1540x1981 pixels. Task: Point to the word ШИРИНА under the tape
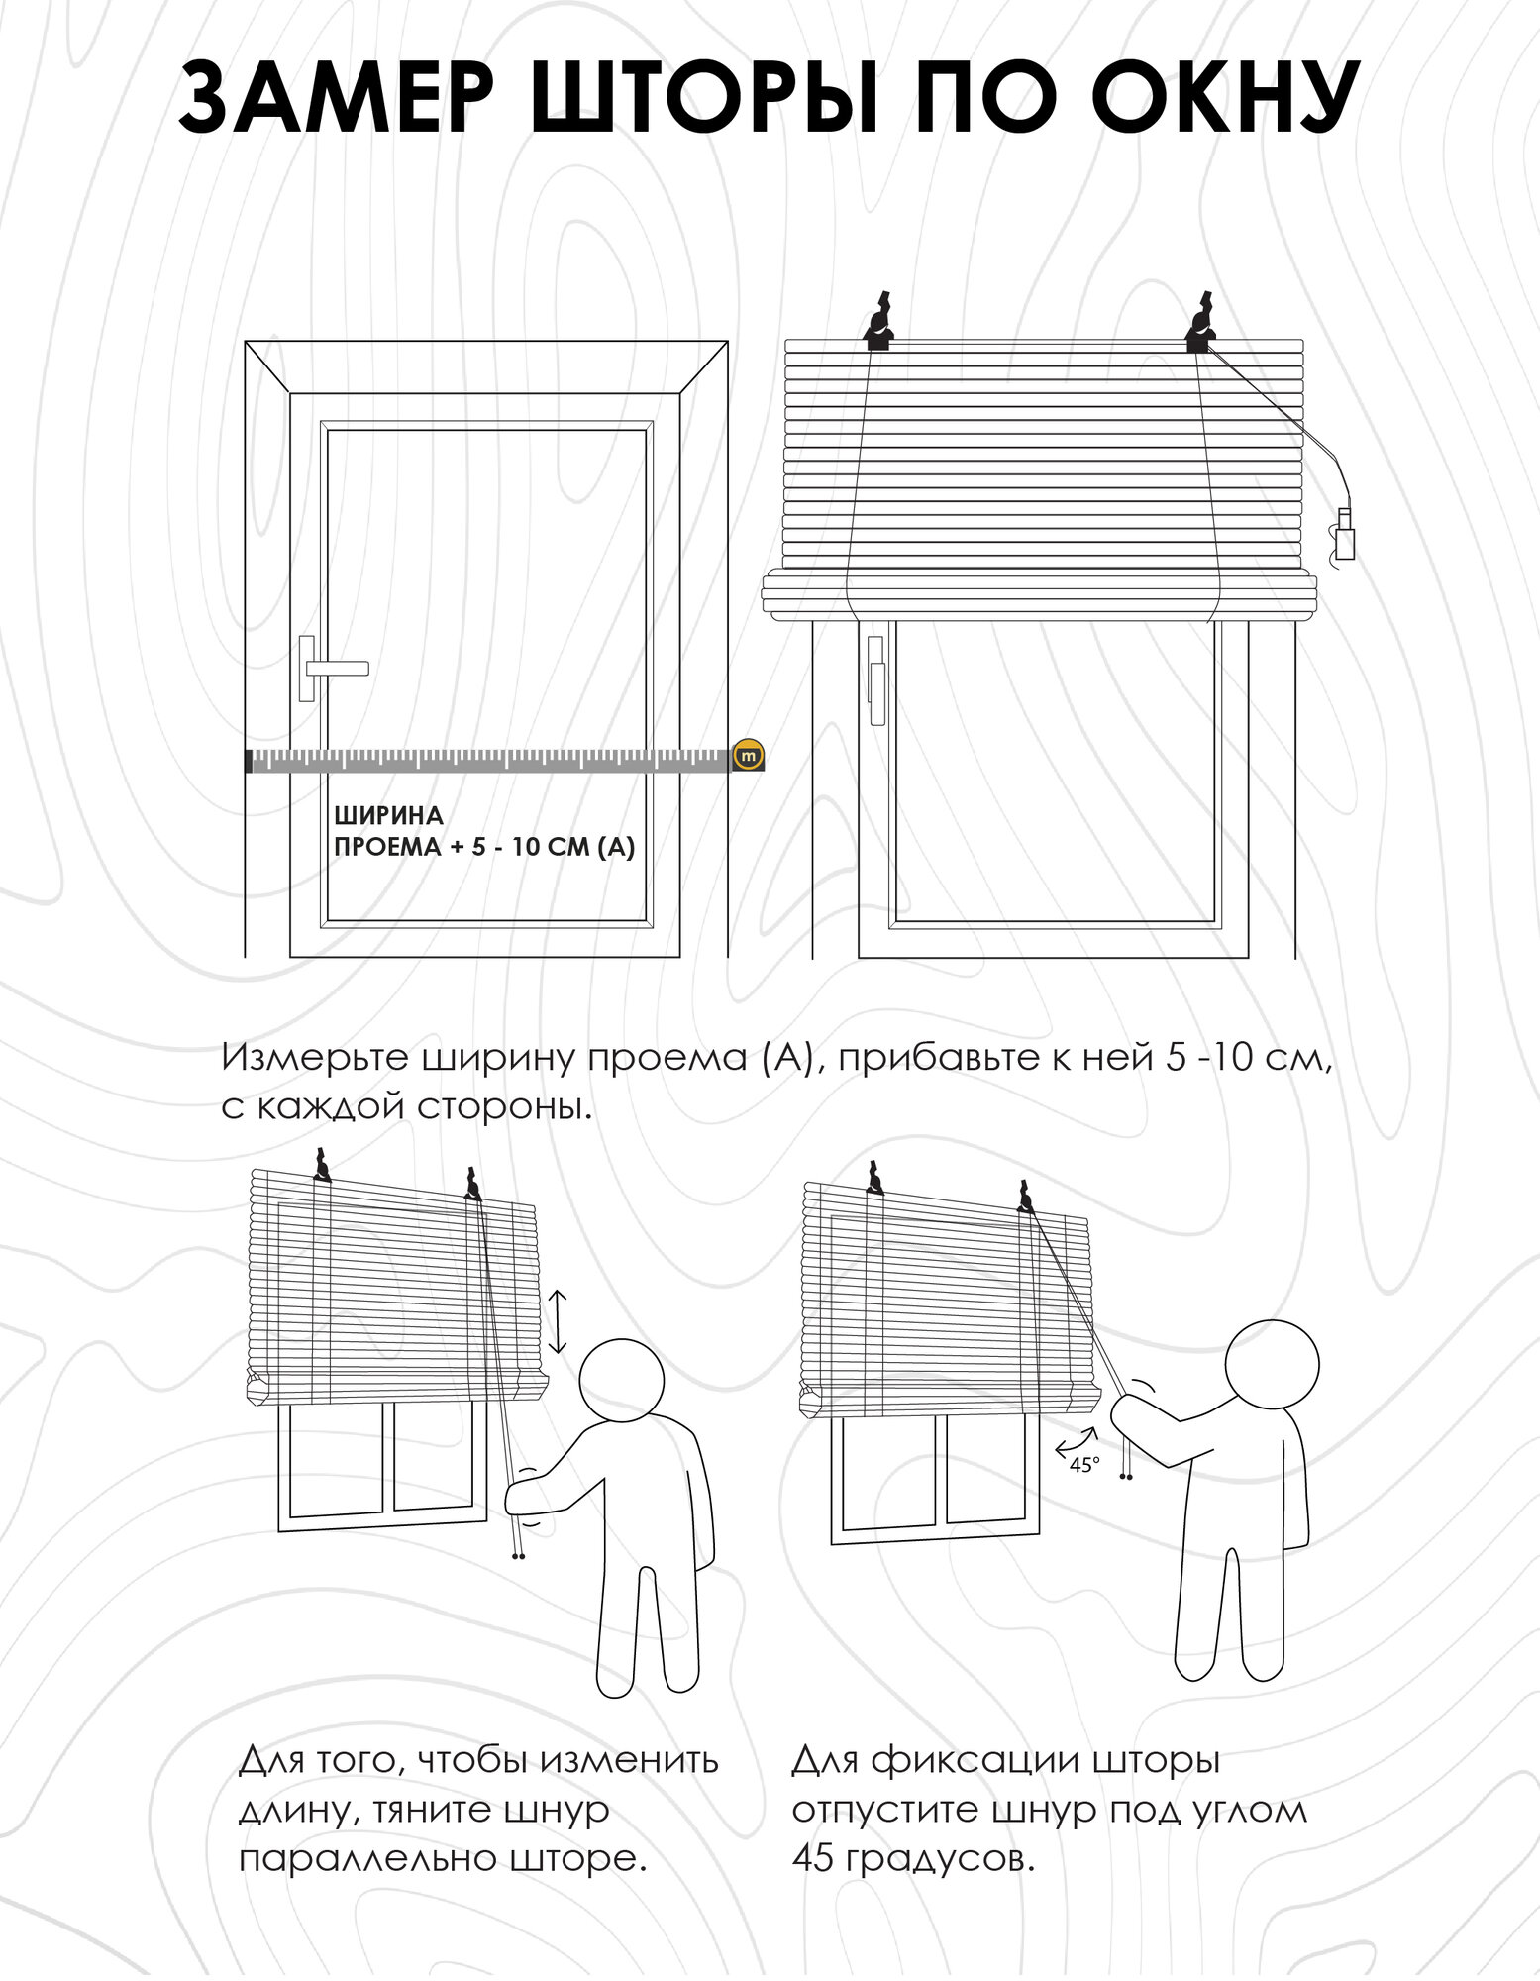tap(388, 816)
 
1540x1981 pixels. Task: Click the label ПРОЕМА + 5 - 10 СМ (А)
tap(484, 847)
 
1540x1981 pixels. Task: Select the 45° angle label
tap(1084, 1465)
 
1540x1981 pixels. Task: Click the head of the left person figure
tap(621, 1380)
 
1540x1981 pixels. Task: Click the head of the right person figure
tap(1272, 1364)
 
